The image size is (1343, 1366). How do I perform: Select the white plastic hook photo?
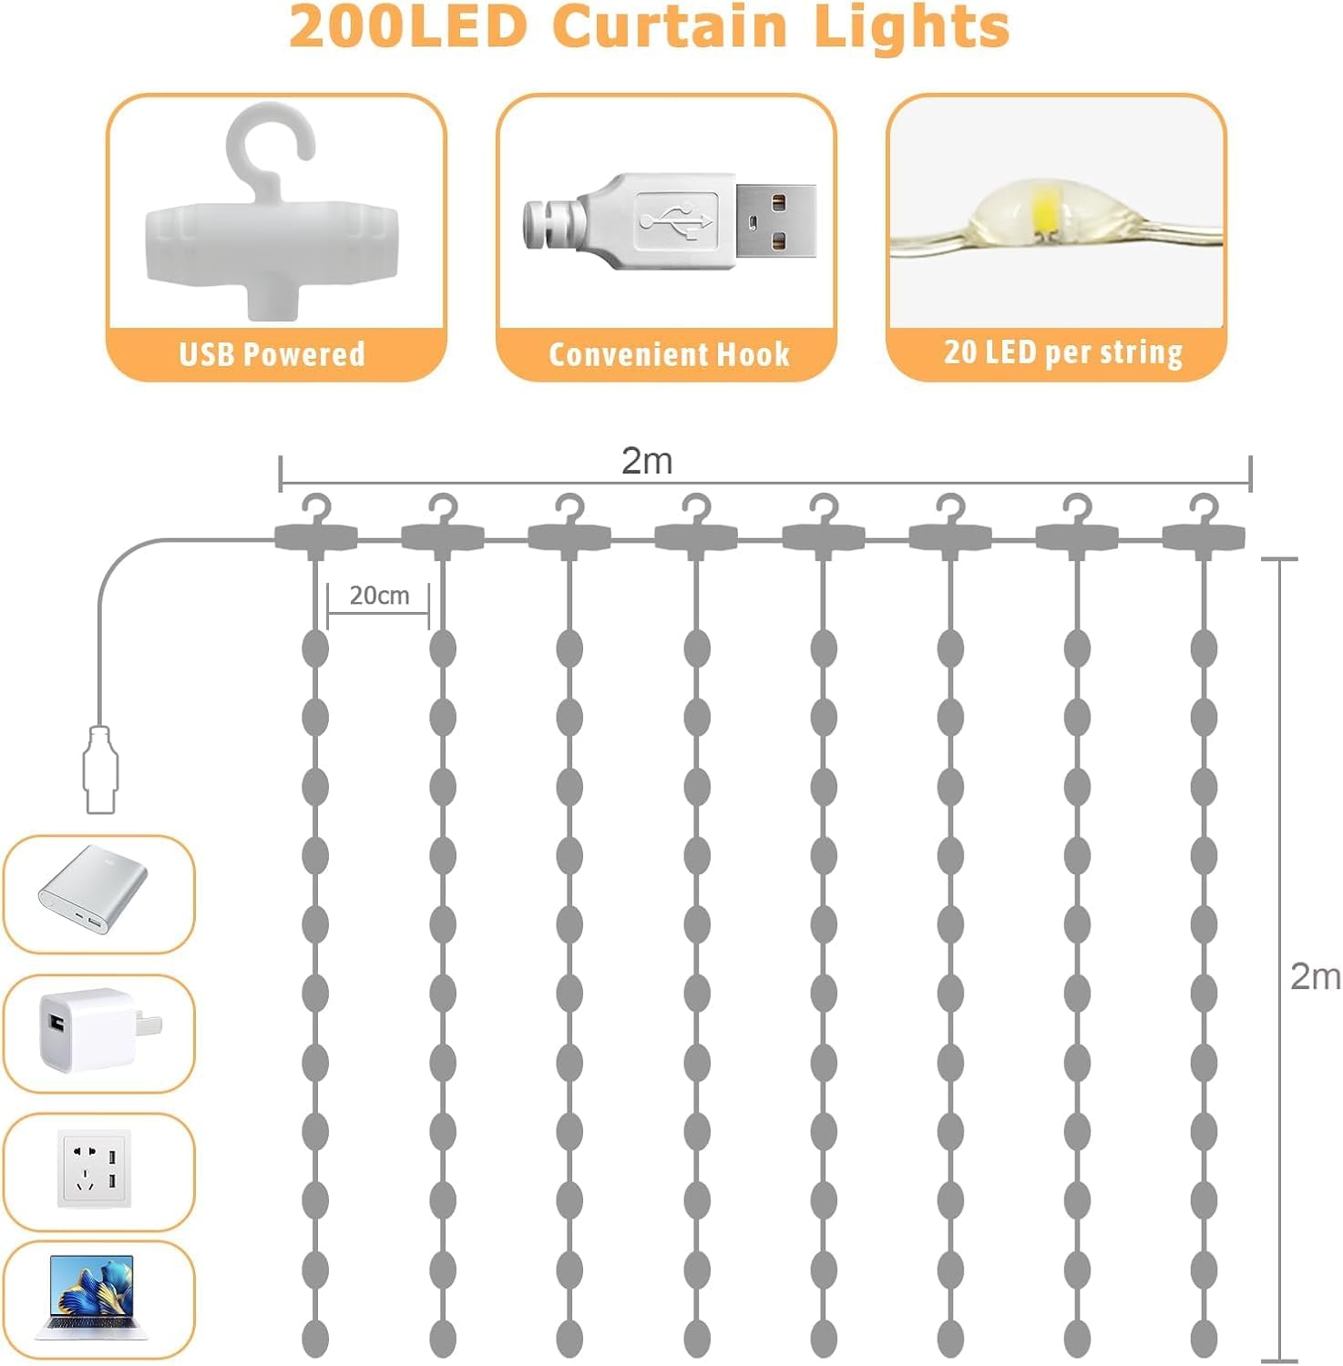(272, 210)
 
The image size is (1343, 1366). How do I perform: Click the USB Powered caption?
(272, 353)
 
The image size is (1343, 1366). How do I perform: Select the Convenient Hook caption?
(669, 353)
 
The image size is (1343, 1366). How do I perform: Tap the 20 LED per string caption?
(1063, 352)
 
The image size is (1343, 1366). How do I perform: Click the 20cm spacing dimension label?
(379, 595)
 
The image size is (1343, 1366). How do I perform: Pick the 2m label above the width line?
(647, 461)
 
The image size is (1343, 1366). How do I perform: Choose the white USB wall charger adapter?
(97, 1032)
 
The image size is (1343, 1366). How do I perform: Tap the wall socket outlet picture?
(95, 1168)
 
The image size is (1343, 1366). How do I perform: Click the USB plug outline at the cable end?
(100, 770)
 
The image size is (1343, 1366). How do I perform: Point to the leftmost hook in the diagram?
(315, 525)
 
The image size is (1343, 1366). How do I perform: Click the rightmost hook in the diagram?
(1204, 525)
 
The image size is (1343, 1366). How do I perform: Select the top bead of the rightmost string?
(1204, 648)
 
